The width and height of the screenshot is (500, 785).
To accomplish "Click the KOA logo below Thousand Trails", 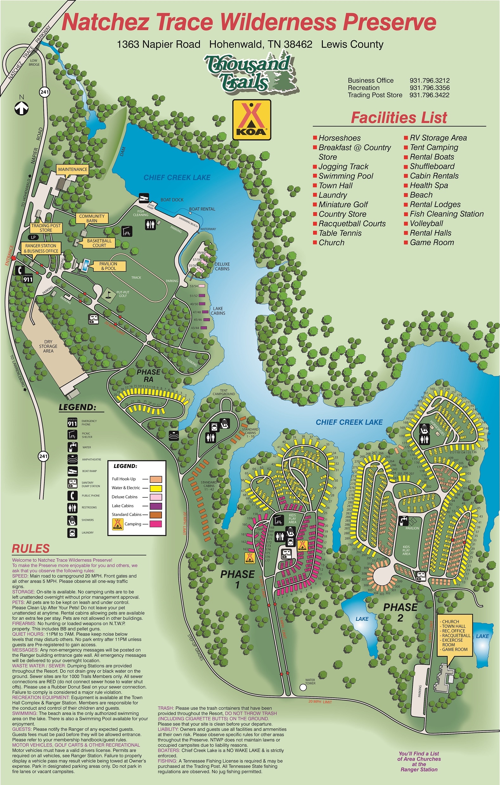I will [x=251, y=120].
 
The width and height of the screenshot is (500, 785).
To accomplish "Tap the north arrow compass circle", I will [x=22, y=108].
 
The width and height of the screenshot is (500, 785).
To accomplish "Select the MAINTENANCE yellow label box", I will [x=73, y=170].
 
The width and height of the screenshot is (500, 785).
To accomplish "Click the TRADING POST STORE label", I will [x=46, y=228].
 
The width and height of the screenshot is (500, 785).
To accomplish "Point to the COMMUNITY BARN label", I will [x=92, y=218].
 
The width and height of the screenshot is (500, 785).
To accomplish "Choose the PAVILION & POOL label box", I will [x=108, y=266].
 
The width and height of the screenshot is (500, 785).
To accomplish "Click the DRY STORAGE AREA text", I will [x=48, y=347].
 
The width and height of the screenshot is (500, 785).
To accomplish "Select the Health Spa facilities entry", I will [x=429, y=185].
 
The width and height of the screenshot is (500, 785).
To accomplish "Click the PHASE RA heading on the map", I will [x=148, y=376].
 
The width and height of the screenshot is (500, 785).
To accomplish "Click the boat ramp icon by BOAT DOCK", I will [x=144, y=198].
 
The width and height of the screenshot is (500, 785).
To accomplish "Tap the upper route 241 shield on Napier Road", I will [x=44, y=92].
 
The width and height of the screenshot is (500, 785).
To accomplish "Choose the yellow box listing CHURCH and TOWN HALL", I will [x=455, y=636].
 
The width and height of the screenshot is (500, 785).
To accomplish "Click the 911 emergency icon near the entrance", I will [x=28, y=279].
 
